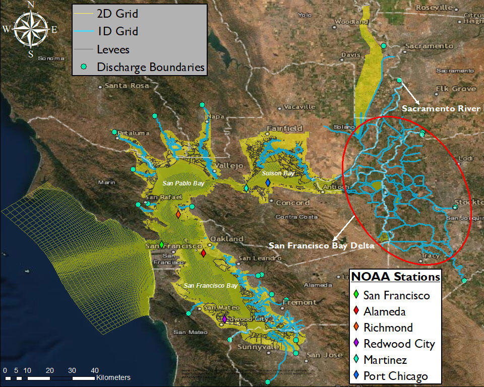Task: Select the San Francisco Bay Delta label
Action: [322, 246]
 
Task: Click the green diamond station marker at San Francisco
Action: [161, 244]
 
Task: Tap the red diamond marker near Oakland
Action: [203, 253]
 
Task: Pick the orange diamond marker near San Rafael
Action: [178, 214]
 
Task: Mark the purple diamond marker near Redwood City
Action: [224, 318]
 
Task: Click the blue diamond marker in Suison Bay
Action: [267, 189]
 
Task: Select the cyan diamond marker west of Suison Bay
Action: [246, 188]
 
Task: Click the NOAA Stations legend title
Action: [395, 277]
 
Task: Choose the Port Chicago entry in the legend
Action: [395, 376]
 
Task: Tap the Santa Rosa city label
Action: [127, 86]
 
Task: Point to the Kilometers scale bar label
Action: [113, 377]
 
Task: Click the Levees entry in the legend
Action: [113, 49]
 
